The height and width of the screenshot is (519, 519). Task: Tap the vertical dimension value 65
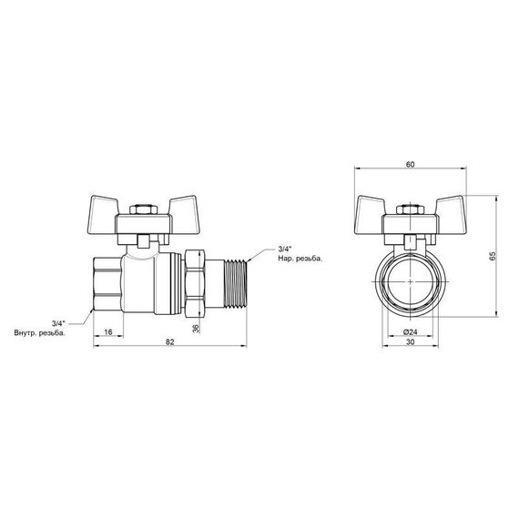(492, 257)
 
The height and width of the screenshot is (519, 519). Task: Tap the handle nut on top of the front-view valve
(410, 209)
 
